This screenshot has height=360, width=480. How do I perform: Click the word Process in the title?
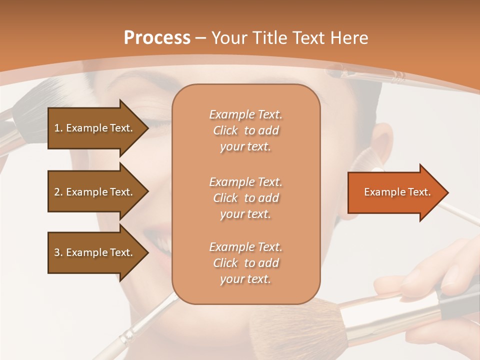[157, 38]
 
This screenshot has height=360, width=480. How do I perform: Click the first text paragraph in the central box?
[245, 130]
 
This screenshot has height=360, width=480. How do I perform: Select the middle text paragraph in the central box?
[245, 198]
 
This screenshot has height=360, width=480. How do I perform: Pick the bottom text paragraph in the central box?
[245, 263]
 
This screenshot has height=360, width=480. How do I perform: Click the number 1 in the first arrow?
[56, 128]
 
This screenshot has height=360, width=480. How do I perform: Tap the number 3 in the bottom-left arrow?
[56, 252]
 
